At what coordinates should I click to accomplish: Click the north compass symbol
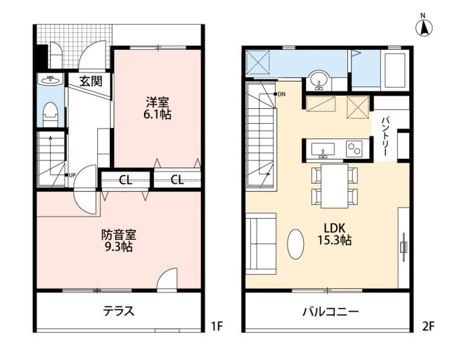click(424, 26)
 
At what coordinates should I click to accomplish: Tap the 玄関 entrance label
click(91, 82)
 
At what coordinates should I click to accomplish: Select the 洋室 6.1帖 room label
click(157, 108)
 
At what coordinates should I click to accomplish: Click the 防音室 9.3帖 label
click(119, 240)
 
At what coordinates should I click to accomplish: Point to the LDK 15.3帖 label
click(335, 234)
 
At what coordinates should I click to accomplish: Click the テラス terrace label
click(119, 311)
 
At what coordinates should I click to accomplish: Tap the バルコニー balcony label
click(330, 311)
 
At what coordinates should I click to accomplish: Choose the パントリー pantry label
click(385, 136)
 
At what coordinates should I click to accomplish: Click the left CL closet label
click(125, 180)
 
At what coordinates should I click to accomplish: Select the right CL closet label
click(177, 180)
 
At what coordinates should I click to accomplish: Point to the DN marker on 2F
click(280, 94)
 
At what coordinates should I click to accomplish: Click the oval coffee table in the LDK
click(295, 244)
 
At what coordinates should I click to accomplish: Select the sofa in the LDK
click(261, 244)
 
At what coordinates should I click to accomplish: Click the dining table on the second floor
click(335, 186)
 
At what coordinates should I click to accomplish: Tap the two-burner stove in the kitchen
click(354, 148)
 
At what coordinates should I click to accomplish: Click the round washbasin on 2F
click(319, 79)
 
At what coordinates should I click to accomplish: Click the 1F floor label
click(217, 326)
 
